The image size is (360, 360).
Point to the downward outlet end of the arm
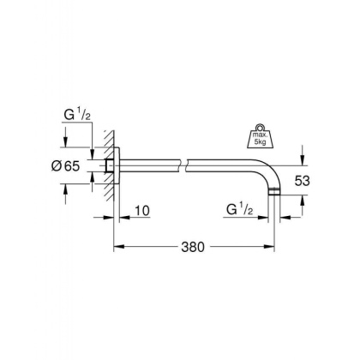coord(273,194)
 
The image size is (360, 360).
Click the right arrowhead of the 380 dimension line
coord(269,249)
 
